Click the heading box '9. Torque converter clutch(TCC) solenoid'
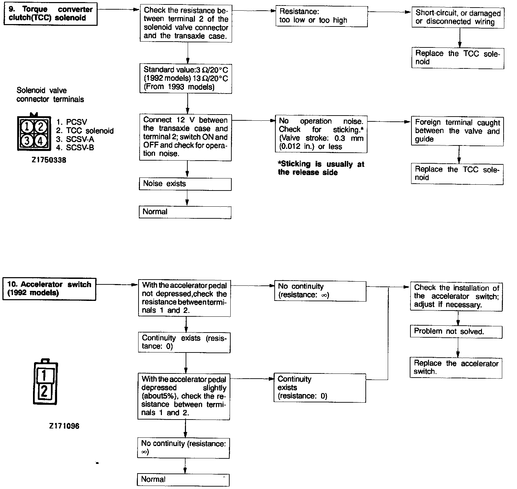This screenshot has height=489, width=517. pyautogui.click(x=51, y=14)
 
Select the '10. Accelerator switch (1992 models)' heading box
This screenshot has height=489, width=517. pyautogui.click(x=49, y=289)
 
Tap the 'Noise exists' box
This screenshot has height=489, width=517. pyautogui.click(x=185, y=184)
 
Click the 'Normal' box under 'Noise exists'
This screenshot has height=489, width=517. pyautogui.click(x=185, y=212)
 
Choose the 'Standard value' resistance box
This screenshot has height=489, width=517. pyautogui.click(x=186, y=78)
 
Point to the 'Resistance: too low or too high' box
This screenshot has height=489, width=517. pyautogui.click(x=321, y=16)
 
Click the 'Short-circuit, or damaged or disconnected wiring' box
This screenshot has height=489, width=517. pyautogui.click(x=458, y=18)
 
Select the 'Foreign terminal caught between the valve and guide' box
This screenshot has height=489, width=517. pyautogui.click(x=457, y=131)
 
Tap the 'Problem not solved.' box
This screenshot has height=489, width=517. pyautogui.click(x=456, y=332)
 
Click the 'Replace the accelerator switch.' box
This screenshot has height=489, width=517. pyautogui.click(x=456, y=368)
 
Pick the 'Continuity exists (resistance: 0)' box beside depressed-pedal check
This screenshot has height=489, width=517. pyautogui.click(x=320, y=388)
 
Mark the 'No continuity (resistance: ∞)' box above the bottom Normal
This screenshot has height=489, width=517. pyautogui.click(x=184, y=448)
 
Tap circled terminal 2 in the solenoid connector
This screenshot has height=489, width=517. pyautogui.click(x=41, y=127)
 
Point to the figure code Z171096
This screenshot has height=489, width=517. pyautogui.click(x=64, y=426)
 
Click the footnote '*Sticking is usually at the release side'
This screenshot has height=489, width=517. pyautogui.click(x=321, y=168)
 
